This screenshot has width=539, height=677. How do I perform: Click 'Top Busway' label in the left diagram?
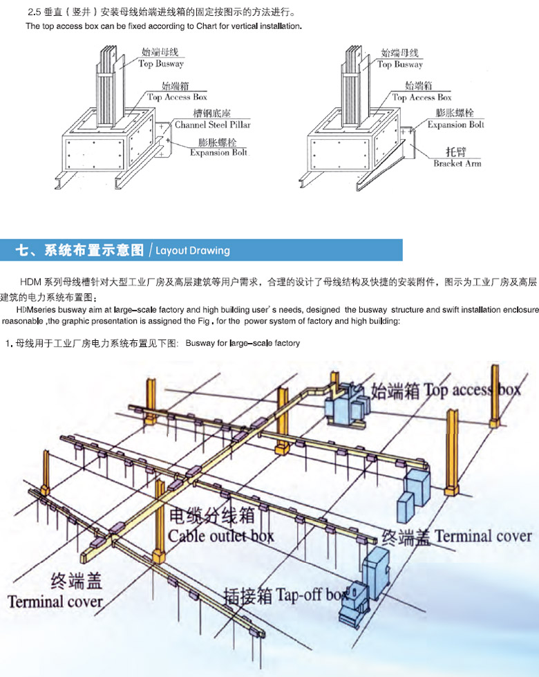(x=161, y=64)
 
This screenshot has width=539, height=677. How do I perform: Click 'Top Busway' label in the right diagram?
(x=400, y=64)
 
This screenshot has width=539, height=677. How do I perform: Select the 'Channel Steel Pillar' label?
(x=212, y=125)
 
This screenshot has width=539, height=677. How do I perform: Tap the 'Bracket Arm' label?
(x=457, y=163)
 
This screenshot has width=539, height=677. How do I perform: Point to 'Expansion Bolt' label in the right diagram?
(x=455, y=124)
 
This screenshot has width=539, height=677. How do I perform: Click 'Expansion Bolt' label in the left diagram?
(x=218, y=152)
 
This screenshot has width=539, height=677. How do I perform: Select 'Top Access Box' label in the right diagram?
(x=422, y=98)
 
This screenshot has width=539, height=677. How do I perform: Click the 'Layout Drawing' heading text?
(x=193, y=250)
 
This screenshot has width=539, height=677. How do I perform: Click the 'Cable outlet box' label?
(x=221, y=535)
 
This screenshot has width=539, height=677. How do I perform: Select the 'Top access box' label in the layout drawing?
(x=472, y=390)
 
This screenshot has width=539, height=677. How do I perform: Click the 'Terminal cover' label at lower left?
(x=55, y=600)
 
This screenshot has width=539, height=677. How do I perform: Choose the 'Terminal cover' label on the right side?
(x=483, y=536)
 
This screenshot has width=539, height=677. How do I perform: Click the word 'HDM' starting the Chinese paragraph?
(x=31, y=281)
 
